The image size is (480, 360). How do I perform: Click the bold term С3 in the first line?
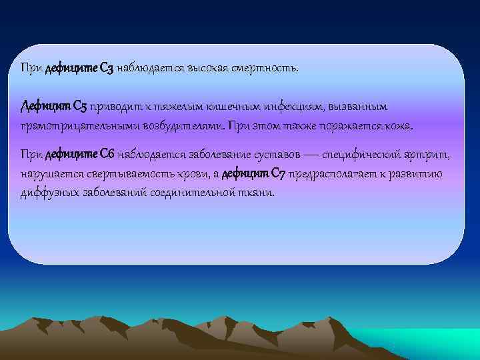(x=106, y=68)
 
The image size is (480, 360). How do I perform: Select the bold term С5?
(x=79, y=107)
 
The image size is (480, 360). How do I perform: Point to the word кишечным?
(x=218, y=107)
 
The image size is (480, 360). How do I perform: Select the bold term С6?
(x=106, y=155)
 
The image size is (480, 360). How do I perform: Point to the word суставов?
(x=275, y=155)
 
